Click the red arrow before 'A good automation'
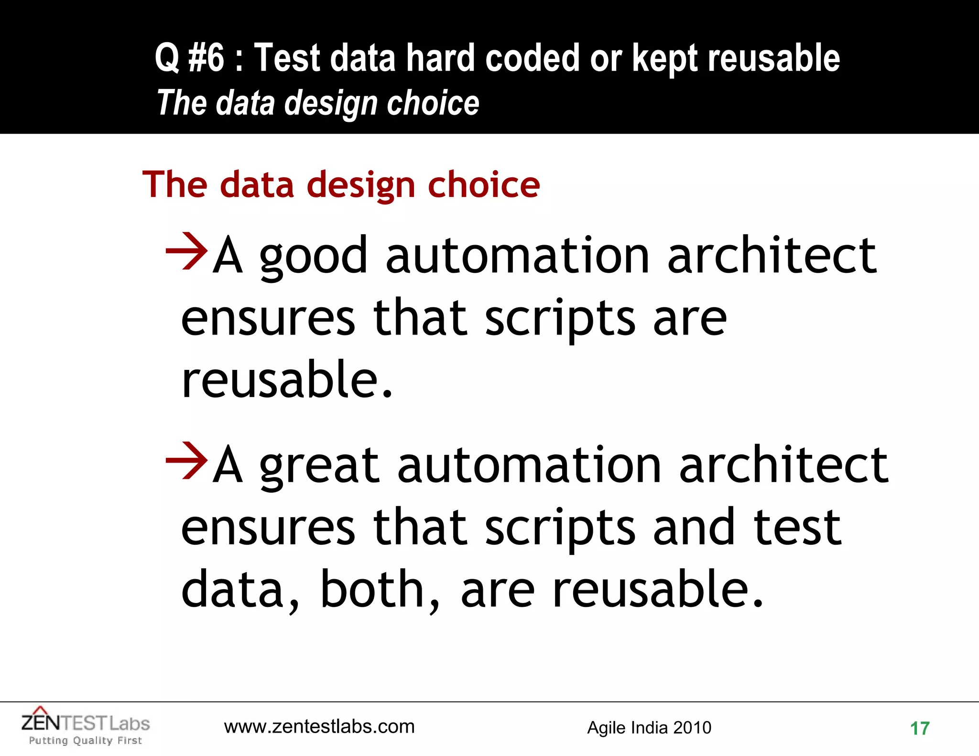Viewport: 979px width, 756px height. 186,251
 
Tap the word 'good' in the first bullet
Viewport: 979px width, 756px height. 313,258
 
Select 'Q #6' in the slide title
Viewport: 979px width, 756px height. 189,58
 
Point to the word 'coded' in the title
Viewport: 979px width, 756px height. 533,58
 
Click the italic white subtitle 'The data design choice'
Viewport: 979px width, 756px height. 318,103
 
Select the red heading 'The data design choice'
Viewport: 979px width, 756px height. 341,185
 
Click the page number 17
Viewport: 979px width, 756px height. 919,728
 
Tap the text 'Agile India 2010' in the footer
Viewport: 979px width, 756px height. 649,727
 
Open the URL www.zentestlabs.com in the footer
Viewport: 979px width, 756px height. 319,726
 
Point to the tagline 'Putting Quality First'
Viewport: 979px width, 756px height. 86,741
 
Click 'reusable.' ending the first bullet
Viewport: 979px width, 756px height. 287,380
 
